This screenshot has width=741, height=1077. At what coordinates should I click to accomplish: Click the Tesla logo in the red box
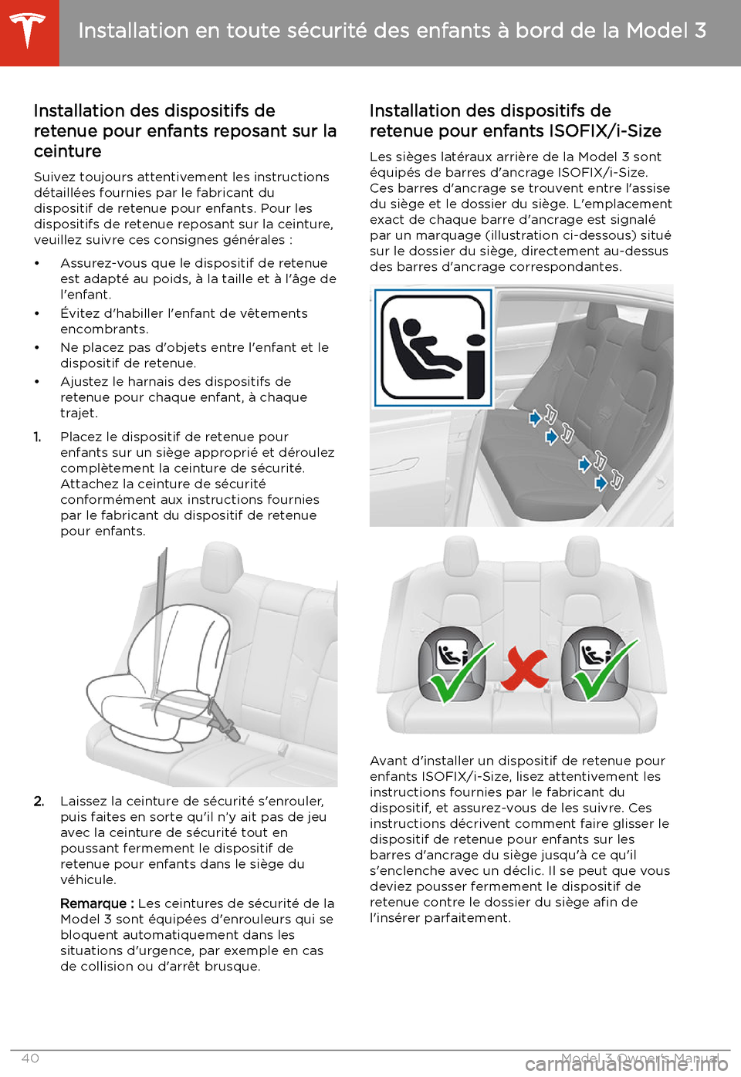coord(29,31)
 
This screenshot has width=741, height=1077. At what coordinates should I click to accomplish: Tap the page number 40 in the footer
coord(30,1058)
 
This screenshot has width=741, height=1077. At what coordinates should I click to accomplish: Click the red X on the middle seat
coord(525,668)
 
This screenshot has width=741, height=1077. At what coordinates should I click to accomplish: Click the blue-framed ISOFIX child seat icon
coord(434,348)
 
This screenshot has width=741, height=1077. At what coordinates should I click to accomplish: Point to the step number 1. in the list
coord(38,437)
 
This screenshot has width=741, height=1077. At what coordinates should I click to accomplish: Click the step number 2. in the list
coord(39,801)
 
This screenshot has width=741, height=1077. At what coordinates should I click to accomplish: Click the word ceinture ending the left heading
coord(68,151)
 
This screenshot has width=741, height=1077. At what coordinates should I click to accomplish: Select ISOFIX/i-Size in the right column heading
coord(605,131)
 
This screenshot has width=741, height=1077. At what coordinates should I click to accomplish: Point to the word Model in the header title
coord(657,31)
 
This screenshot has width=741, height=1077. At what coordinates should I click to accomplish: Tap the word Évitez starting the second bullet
coord(81,313)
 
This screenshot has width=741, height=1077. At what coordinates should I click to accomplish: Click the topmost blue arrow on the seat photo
coord(535,418)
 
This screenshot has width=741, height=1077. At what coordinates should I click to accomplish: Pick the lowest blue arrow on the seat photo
coord(601,483)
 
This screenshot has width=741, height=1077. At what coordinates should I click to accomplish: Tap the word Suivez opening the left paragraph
coord(56,177)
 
